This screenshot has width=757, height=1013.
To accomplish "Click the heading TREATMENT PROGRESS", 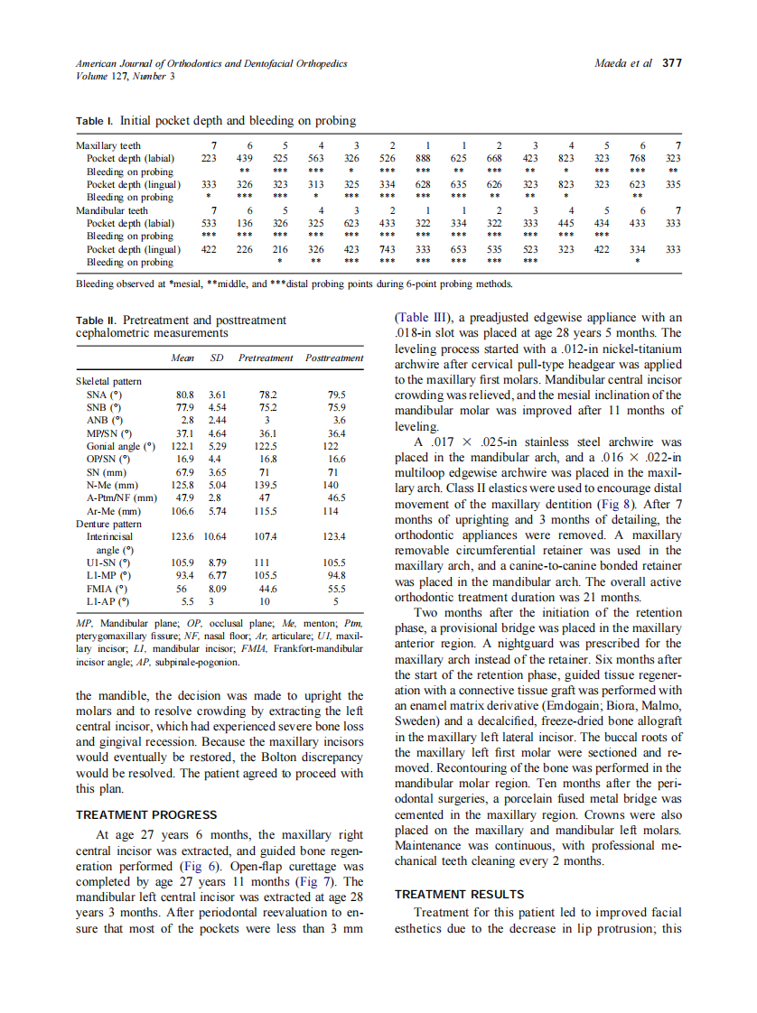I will click(x=146, y=814).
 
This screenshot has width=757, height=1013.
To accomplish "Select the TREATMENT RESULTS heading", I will click(x=459, y=893).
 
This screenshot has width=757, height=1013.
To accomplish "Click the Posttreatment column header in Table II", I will click(x=334, y=358).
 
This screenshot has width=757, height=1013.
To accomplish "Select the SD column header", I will click(x=216, y=358).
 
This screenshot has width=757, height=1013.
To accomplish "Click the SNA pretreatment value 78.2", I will click(x=267, y=395).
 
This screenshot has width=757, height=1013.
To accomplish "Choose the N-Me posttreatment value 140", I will click(x=333, y=485).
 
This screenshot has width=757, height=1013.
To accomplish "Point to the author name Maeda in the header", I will click(x=613, y=63).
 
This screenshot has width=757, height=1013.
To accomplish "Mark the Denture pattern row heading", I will click(x=108, y=524).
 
